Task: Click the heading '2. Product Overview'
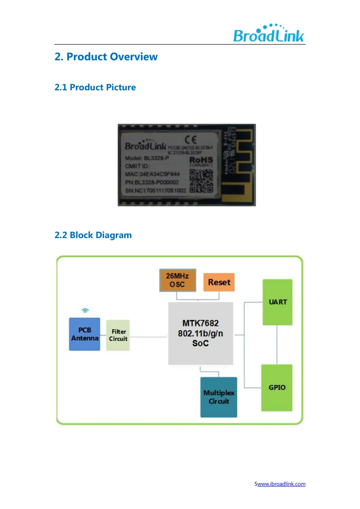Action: pos(106,57)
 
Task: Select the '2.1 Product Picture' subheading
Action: pos(95,87)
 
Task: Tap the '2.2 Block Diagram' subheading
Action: pos(93,235)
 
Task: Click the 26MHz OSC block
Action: pos(177,280)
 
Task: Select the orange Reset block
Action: pos(219,282)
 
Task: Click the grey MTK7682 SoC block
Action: pos(200,333)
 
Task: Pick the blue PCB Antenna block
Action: pos(85,334)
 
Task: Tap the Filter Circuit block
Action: pos(118,335)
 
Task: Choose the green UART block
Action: pos(277,302)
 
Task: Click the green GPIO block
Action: pos(277,388)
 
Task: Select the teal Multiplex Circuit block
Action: pos(219,397)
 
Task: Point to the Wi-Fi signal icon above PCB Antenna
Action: pos(85,310)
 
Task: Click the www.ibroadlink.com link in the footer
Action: pos(281,484)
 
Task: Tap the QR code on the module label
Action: pos(201,181)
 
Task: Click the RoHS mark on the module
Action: pos(201,160)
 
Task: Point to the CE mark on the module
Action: pos(191,140)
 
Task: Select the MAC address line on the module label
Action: pos(152,174)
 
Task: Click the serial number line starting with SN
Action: pos(155,191)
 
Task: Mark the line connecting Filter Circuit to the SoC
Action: pos(148,337)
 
